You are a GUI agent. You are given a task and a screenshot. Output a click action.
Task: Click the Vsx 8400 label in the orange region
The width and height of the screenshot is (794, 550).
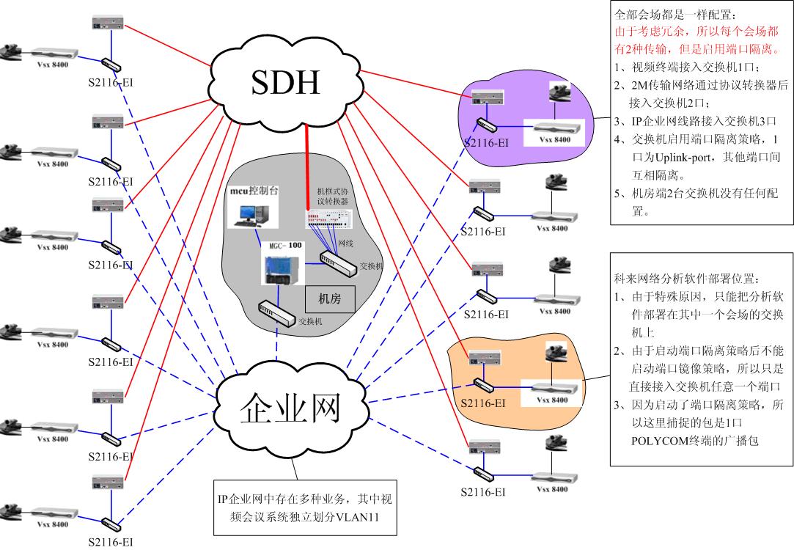click(553, 400)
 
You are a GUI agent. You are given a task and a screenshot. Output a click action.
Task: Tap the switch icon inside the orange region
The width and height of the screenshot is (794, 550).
click(483, 384)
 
